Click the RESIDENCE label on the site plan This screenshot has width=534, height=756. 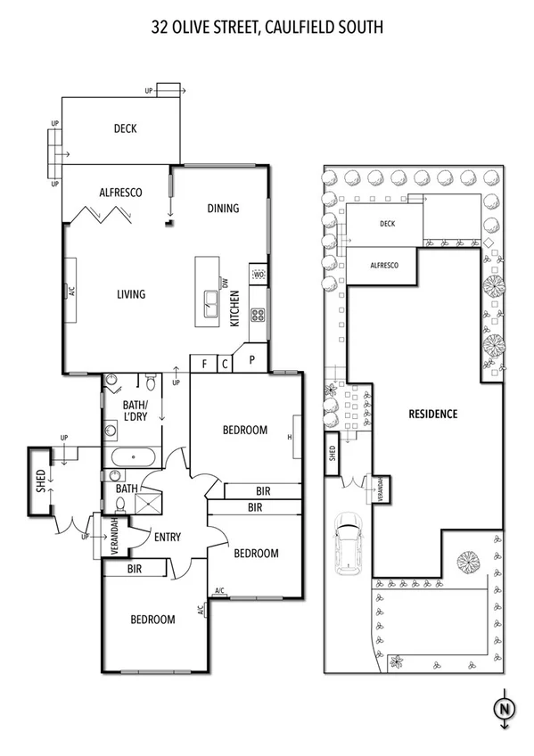tap(432, 414)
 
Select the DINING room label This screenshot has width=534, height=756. tap(223, 209)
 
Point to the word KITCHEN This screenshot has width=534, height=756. tap(235, 308)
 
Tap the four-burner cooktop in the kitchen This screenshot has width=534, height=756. tap(259, 314)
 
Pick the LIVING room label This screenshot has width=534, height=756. tap(130, 294)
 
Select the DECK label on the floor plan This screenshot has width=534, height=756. tap(125, 129)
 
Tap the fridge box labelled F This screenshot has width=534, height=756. tap(203, 364)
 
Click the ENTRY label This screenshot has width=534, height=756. tap(168, 537)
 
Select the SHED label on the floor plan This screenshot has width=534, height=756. tap(40, 482)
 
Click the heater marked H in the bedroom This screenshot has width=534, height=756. tap(291, 437)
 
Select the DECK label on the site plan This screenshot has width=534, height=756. tap(387, 225)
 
